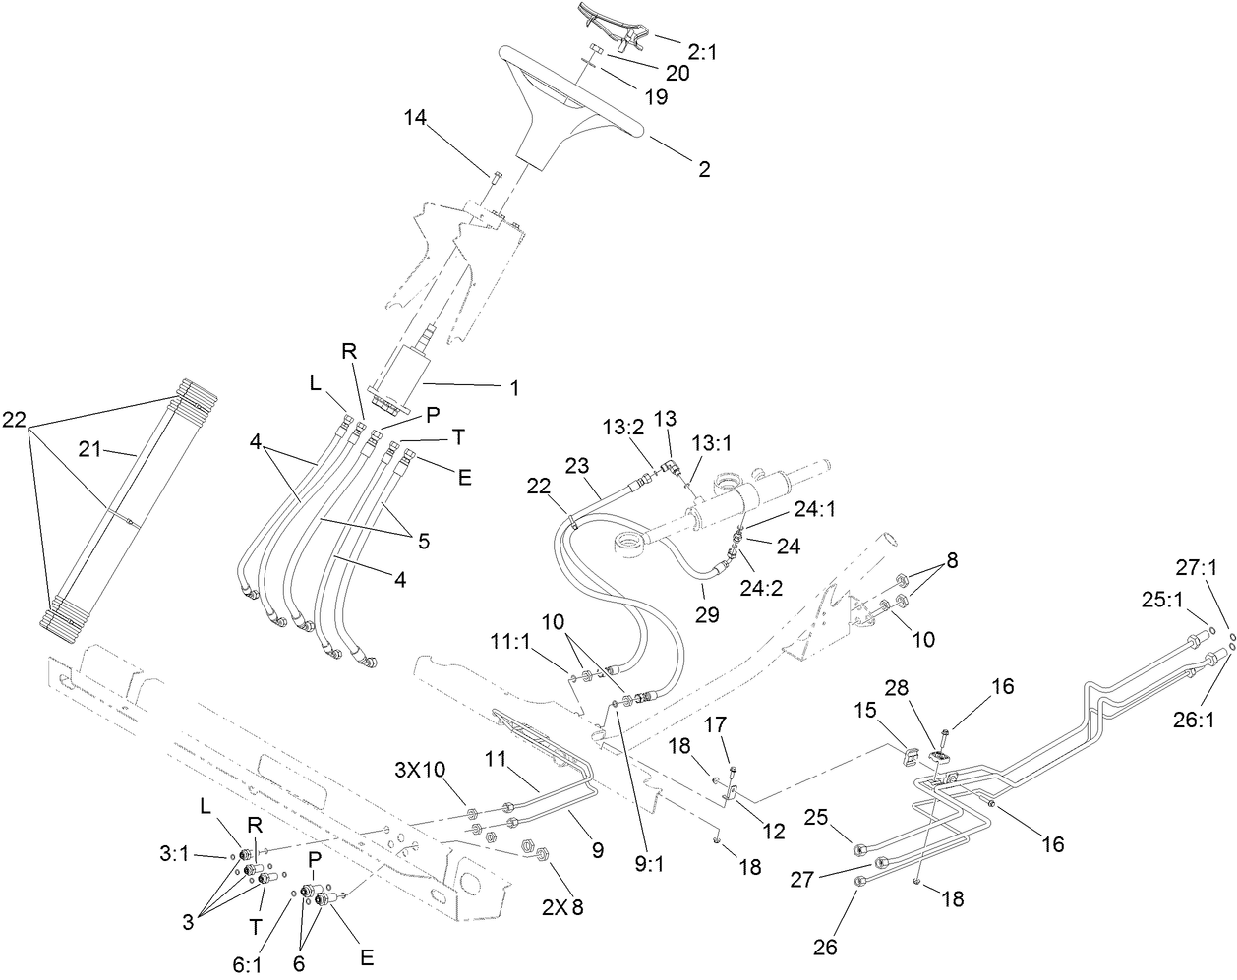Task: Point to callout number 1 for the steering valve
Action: [x=513, y=388]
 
